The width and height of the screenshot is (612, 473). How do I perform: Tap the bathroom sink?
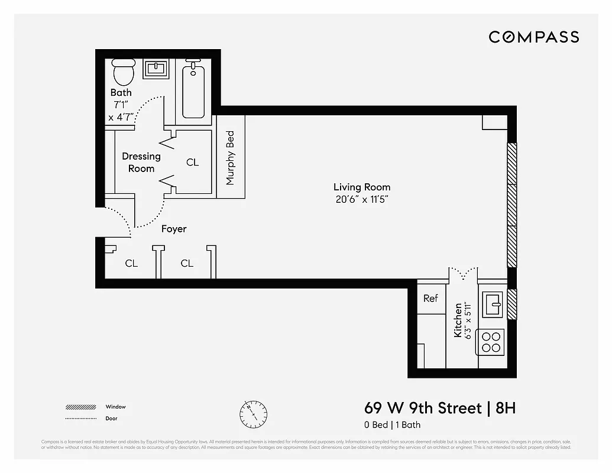point(156,69)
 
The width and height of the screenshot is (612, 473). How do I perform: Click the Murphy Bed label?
point(231,157)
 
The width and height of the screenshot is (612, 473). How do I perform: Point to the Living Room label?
point(362,187)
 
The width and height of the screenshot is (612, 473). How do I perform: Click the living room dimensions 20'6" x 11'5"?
point(362,200)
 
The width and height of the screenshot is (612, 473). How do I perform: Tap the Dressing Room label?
point(141,162)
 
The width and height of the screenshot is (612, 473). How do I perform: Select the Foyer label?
point(174,229)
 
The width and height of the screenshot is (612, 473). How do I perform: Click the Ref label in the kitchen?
point(430,298)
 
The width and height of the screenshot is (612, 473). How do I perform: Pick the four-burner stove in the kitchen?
point(491,342)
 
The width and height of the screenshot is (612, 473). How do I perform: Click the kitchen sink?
point(491,304)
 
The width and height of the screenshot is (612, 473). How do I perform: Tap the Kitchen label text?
point(458,320)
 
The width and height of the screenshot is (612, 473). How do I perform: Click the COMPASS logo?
point(533,37)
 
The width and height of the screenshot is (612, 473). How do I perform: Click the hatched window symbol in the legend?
point(81,407)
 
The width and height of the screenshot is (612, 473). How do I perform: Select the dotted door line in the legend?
point(81,419)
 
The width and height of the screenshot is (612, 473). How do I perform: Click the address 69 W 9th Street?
point(423,408)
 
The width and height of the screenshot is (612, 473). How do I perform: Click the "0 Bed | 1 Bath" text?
point(392,425)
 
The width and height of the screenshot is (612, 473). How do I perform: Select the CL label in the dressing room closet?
point(193,162)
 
